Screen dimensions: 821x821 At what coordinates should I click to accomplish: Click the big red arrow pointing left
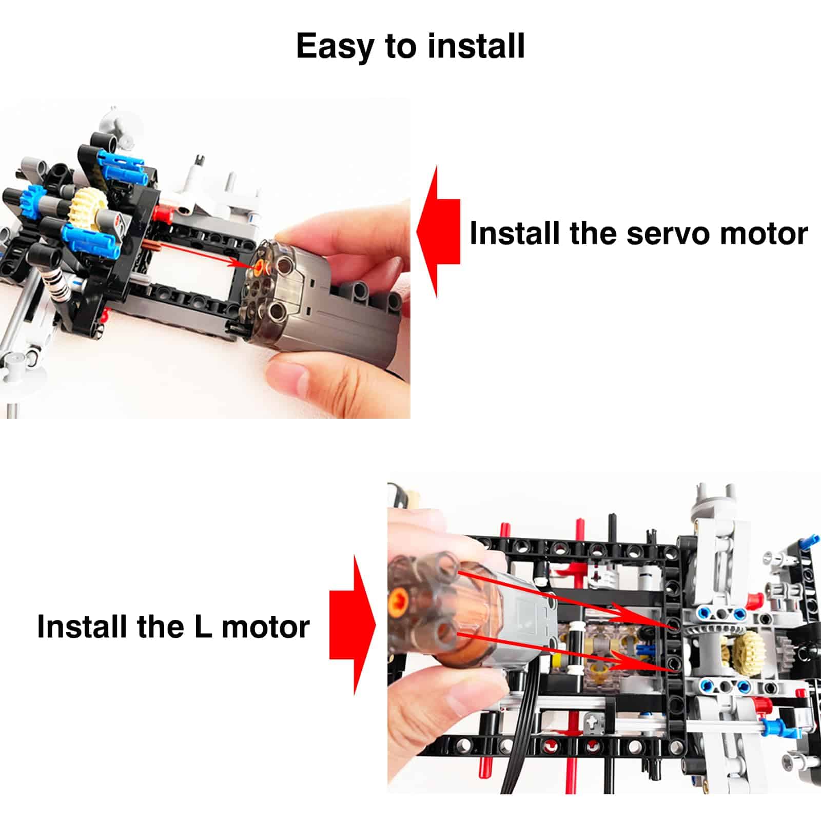pyautogui.click(x=438, y=231)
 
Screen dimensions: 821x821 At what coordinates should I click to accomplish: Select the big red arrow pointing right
pyautogui.click(x=353, y=624)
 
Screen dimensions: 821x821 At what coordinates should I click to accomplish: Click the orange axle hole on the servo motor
pyautogui.click(x=262, y=267)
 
